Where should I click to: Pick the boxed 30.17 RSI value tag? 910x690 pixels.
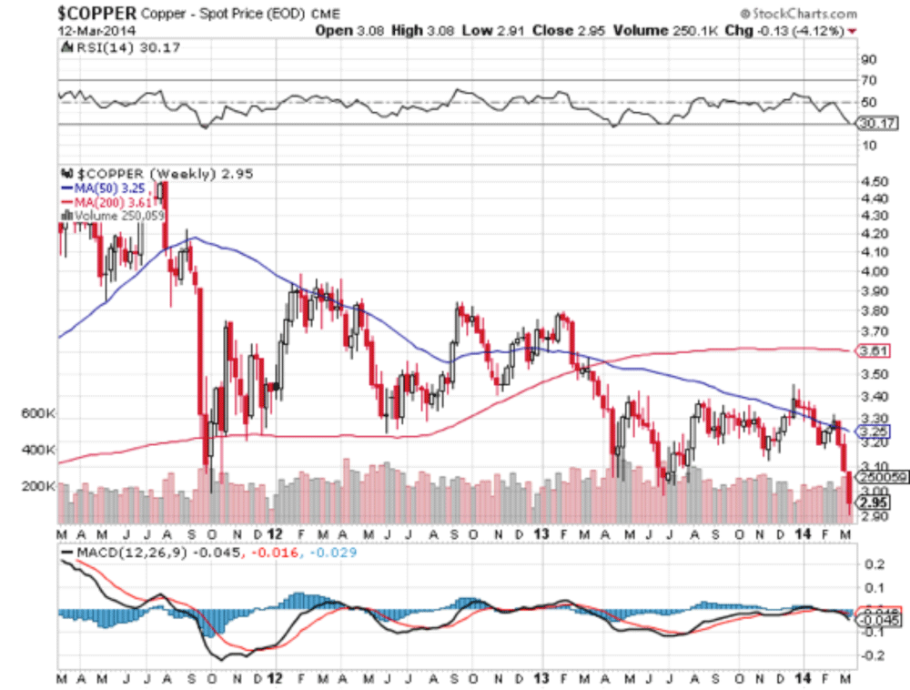[872, 126]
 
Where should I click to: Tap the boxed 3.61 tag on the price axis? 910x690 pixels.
[872, 351]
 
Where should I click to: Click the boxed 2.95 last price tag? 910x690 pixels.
[872, 502]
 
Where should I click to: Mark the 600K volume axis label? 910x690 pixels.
[38, 413]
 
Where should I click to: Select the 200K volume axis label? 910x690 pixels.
[38, 486]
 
